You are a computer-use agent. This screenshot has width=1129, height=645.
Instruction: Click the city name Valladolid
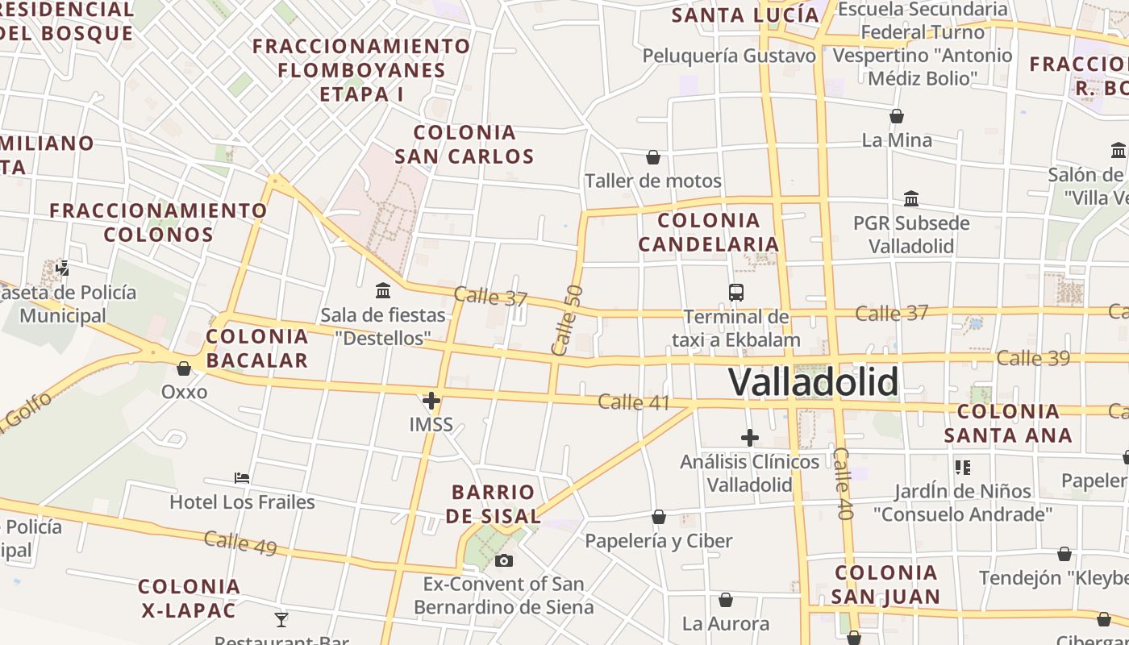(813, 382)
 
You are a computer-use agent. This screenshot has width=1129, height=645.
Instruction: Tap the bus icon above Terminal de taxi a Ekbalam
(735, 293)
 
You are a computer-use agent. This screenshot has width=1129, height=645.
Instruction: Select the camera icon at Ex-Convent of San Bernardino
(504, 560)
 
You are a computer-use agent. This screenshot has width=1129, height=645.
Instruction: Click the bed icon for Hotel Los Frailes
(241, 478)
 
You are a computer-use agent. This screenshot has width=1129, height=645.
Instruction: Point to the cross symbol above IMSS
(431, 400)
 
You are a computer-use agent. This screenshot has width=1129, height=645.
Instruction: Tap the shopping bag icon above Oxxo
(184, 368)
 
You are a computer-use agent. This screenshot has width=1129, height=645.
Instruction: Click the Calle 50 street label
(566, 320)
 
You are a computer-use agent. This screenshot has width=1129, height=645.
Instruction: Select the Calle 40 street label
(843, 484)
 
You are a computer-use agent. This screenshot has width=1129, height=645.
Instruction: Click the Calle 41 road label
(634, 402)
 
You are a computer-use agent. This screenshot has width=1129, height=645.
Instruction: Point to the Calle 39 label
(1033, 358)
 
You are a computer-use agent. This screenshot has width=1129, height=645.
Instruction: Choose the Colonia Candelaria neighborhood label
(709, 232)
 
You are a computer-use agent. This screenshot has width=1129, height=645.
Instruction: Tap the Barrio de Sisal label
(494, 504)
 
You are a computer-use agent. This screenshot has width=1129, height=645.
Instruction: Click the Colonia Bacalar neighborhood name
(257, 348)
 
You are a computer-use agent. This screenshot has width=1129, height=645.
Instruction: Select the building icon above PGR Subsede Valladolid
(911, 198)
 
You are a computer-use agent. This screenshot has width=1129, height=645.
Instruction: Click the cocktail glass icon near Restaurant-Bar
(281, 620)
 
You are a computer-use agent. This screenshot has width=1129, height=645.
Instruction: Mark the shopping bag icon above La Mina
(897, 116)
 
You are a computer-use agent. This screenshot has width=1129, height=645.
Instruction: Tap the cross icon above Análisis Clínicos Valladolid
(750, 438)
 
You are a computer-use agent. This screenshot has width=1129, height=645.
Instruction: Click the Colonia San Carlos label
(465, 144)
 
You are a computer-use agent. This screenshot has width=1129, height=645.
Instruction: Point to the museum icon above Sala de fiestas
(383, 290)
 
